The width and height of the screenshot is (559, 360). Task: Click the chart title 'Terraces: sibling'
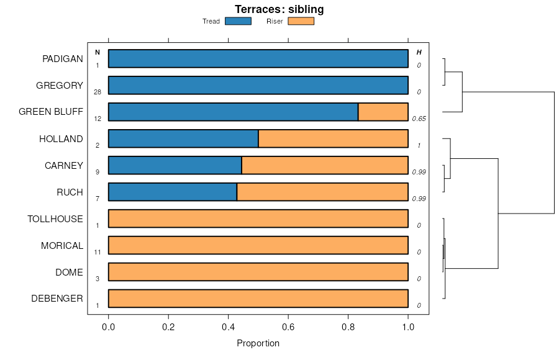[279, 9]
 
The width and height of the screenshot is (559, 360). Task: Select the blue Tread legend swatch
[238, 21]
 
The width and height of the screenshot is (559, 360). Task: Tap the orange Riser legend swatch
[301, 21]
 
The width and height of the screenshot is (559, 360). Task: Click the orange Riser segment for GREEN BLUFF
[383, 112]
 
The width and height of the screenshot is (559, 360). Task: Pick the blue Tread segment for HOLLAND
[183, 138]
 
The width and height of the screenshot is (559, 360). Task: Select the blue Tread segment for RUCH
[173, 192]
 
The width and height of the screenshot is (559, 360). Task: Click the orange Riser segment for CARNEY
[325, 165]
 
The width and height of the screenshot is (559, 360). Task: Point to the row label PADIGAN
[63, 59]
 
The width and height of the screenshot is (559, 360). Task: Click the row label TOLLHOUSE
[55, 219]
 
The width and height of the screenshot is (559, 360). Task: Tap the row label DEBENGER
[57, 299]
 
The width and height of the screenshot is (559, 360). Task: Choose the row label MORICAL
[62, 246]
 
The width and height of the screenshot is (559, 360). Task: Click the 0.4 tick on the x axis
[229, 326]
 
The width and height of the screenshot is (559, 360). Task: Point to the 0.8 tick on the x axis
[348, 326]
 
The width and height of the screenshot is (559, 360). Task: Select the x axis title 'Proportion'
[258, 343]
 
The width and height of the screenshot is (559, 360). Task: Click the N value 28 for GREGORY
[98, 92]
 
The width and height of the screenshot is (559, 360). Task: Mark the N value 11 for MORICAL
[98, 252]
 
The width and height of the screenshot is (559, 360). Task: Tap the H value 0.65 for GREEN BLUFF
[419, 119]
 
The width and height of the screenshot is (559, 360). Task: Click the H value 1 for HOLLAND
[419, 145]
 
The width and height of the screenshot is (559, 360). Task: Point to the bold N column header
[98, 52]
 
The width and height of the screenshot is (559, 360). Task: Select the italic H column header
[419, 52]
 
